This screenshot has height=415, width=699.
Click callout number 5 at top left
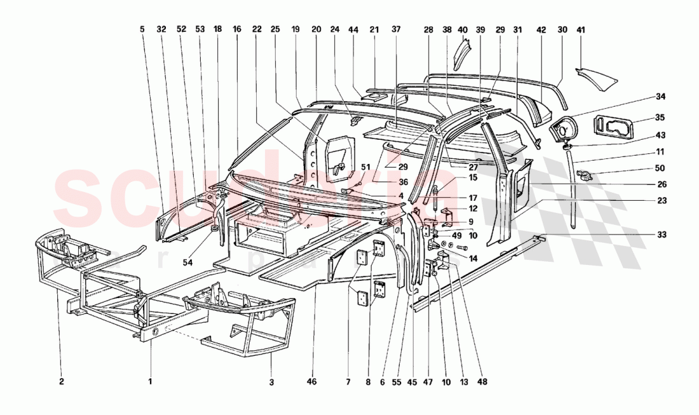(142, 29)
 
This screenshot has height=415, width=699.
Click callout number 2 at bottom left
(62, 382)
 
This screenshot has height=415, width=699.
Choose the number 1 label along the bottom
(150, 382)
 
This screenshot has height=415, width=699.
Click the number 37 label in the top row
(397, 29)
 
